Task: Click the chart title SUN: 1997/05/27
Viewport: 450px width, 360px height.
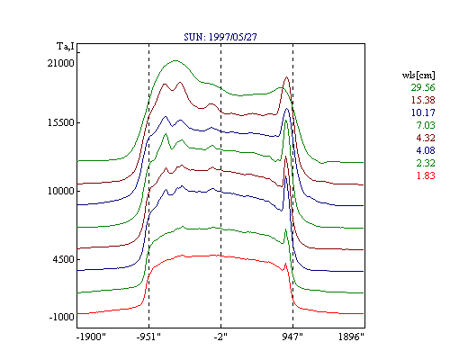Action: pyautogui.click(x=220, y=37)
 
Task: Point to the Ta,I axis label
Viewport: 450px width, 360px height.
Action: pyautogui.click(x=66, y=46)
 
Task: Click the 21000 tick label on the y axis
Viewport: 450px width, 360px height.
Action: pyautogui.click(x=60, y=63)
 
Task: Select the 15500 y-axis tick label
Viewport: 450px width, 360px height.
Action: pyautogui.click(x=60, y=122)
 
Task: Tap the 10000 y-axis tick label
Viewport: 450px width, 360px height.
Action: pyautogui.click(x=60, y=191)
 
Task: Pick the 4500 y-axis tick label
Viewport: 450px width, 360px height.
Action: pyautogui.click(x=63, y=259)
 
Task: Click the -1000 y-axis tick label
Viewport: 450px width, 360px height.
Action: pyautogui.click(x=61, y=317)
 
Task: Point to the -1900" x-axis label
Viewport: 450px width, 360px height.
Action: pyautogui.click(x=91, y=337)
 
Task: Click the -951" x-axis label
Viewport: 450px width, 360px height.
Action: pyautogui.click(x=148, y=337)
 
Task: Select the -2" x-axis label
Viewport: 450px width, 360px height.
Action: pyautogui.click(x=220, y=337)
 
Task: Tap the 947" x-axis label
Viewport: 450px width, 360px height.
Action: pyautogui.click(x=292, y=337)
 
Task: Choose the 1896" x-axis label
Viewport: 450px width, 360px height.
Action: pyautogui.click(x=351, y=337)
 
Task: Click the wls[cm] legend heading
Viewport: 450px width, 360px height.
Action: pyautogui.click(x=418, y=76)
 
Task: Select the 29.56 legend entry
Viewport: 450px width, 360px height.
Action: pyautogui.click(x=423, y=87)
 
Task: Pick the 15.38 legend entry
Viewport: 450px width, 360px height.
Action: pyautogui.click(x=423, y=100)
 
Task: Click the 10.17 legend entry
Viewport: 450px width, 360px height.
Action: pyautogui.click(x=423, y=112)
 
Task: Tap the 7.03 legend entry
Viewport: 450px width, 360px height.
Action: pyautogui.click(x=426, y=125)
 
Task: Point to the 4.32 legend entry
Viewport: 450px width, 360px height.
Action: pyautogui.click(x=426, y=138)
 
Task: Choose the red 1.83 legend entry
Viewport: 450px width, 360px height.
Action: pyautogui.click(x=426, y=175)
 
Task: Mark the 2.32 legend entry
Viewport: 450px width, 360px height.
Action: pyautogui.click(x=426, y=163)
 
